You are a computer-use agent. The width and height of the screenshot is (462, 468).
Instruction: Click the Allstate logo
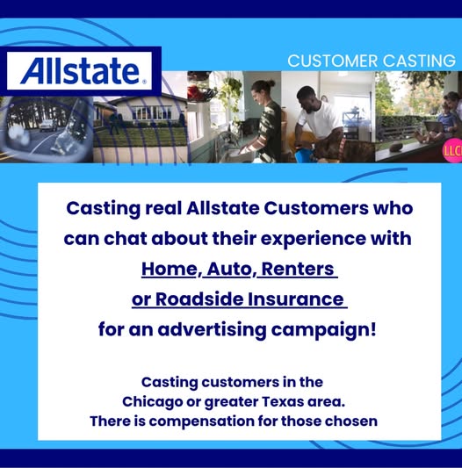click(81, 71)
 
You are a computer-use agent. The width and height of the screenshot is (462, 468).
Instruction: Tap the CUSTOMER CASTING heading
click(372, 61)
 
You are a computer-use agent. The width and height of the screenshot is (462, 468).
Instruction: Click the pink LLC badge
click(452, 150)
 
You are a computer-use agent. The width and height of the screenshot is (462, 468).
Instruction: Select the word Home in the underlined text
click(170, 269)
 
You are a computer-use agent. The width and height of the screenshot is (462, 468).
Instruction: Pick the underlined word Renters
click(298, 269)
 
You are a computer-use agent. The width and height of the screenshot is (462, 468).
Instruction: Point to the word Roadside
click(199, 299)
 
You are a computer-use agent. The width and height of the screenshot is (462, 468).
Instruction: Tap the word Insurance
click(295, 299)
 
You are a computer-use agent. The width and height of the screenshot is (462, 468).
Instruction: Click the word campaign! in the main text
click(323, 330)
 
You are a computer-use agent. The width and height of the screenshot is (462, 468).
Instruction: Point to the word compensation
click(201, 421)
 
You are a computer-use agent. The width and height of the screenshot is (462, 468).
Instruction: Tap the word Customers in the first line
click(316, 208)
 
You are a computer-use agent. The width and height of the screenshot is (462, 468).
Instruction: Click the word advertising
click(212, 330)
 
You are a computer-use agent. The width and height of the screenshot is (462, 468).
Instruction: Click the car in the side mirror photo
click(47, 125)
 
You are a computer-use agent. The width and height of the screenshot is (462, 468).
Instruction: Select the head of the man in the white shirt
click(305, 97)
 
